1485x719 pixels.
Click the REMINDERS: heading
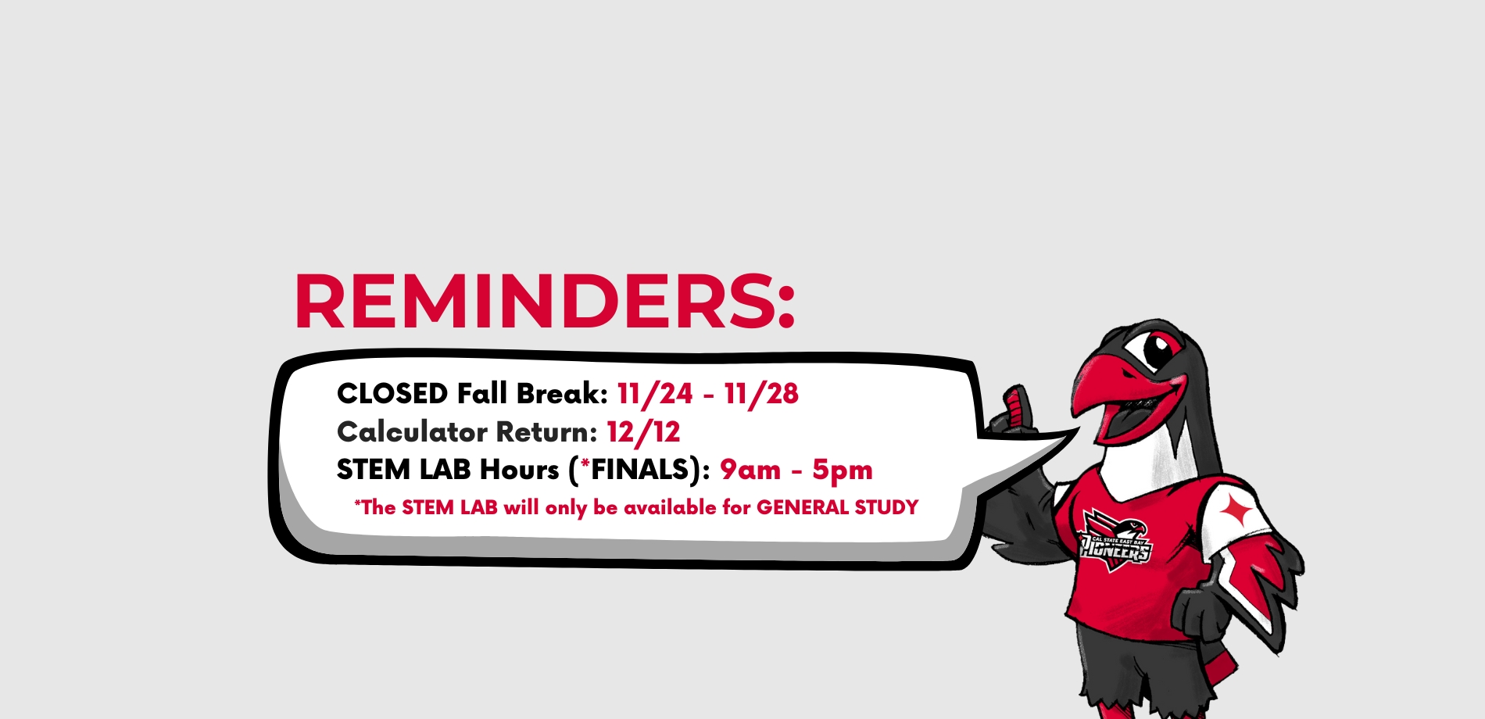[545, 302]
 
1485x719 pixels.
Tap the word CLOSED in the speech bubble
[392, 394]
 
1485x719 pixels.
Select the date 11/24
[655, 394]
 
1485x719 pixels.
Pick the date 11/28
[761, 394]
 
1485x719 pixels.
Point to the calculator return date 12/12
[644, 432]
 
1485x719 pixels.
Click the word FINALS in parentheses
[640, 470]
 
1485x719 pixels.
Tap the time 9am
[750, 470]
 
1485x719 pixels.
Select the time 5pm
[843, 470]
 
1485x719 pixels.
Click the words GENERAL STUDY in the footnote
[837, 508]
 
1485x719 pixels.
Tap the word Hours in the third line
[520, 470]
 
